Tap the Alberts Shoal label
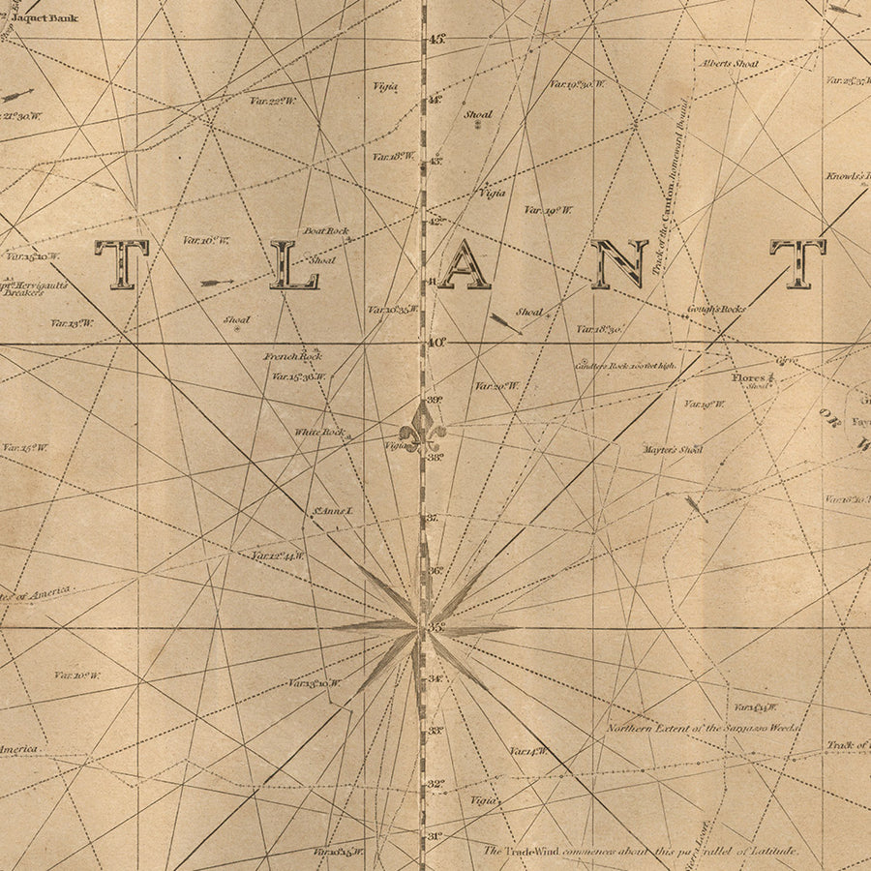[x=732, y=64]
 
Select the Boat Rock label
[x=326, y=231]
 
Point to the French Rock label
[x=292, y=356]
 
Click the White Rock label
[x=319, y=433]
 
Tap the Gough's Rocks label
[x=716, y=310]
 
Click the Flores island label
[x=748, y=377]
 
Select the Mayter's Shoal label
[x=672, y=450]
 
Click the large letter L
[x=294, y=265]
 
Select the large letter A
[x=465, y=265]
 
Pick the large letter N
[x=619, y=265]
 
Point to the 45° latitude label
[x=436, y=40]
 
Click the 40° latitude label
[x=436, y=342]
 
